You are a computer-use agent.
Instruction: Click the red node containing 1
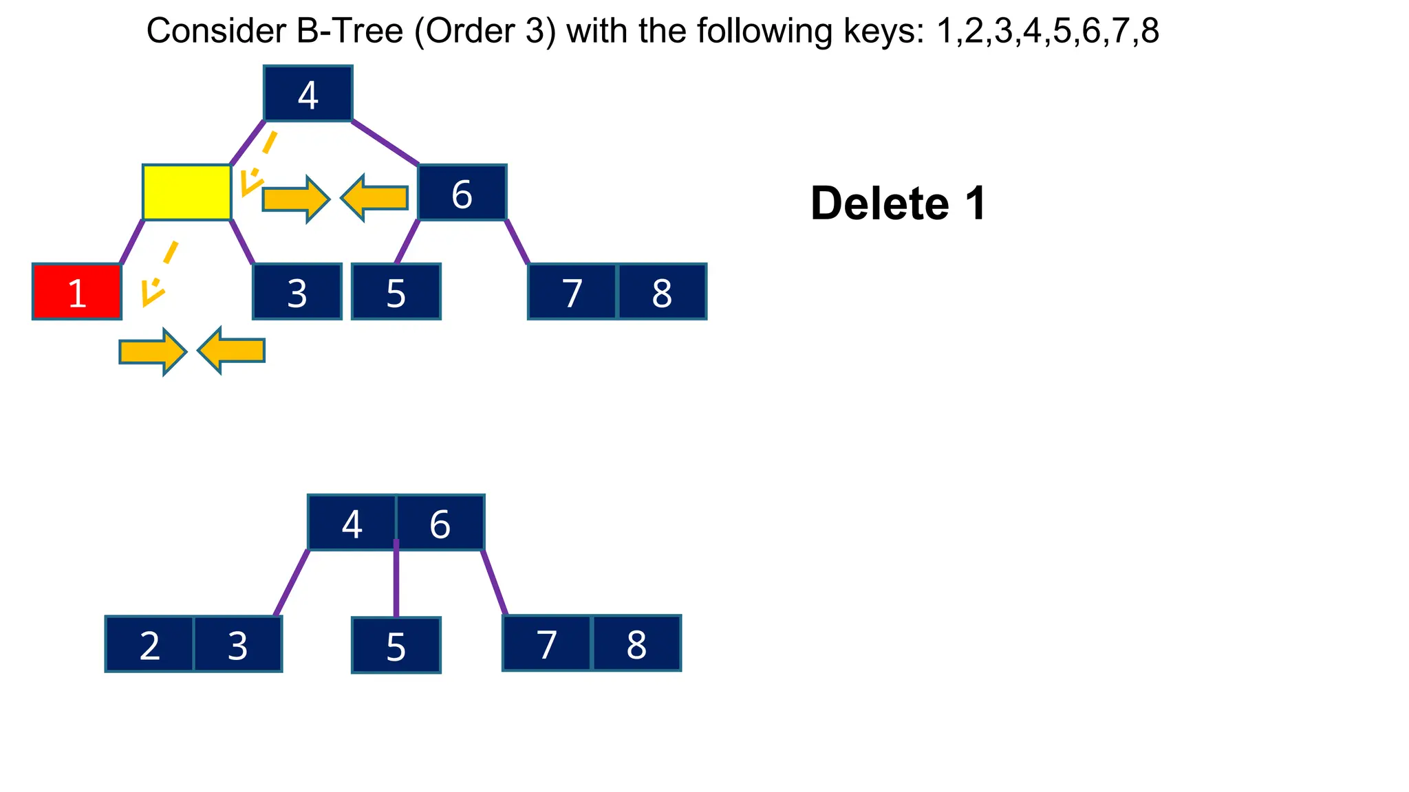click(77, 291)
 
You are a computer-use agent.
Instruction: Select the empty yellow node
click(186, 192)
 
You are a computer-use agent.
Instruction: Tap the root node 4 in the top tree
click(308, 93)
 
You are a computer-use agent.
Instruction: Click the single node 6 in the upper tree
click(462, 192)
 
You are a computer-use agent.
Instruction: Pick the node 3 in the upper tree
click(297, 291)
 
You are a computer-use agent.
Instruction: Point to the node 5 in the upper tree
click(396, 291)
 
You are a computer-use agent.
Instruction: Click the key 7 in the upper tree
click(572, 291)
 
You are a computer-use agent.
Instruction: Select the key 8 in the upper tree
click(662, 291)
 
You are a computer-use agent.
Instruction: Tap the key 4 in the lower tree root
click(352, 522)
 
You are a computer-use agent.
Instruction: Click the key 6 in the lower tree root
click(440, 522)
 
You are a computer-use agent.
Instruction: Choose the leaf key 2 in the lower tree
click(149, 644)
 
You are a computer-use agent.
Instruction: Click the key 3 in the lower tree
click(237, 644)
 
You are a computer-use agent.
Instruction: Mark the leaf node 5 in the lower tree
click(396, 645)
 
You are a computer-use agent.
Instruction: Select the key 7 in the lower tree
click(547, 643)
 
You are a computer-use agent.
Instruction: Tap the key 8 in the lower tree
click(636, 643)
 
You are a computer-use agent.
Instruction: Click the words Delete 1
click(898, 203)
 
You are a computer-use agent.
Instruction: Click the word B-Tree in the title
click(349, 31)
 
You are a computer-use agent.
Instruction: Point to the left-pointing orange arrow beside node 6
click(375, 198)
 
